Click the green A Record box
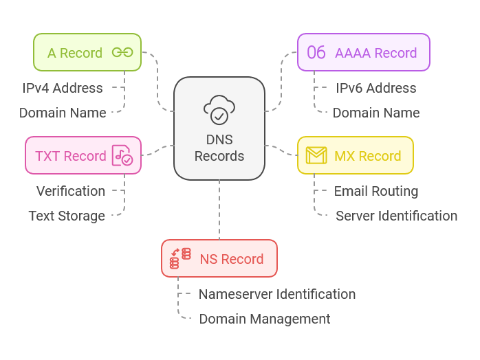87,53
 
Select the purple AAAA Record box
363,53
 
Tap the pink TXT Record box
83,156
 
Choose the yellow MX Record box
355,156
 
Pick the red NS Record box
219,259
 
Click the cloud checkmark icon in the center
219,110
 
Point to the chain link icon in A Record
122,53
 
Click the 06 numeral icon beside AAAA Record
316,53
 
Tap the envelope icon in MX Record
316,156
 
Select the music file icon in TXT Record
122,156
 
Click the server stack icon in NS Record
180,259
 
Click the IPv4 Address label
63,88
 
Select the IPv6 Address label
375,88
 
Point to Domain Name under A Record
63,113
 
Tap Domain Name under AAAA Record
375,113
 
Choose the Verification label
71,191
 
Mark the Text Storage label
67,216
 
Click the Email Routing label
375,191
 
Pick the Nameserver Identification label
277,294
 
